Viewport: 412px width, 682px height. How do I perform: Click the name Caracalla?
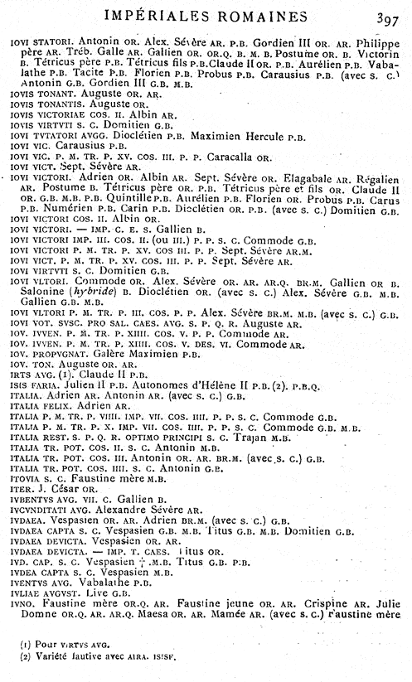[208, 155]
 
